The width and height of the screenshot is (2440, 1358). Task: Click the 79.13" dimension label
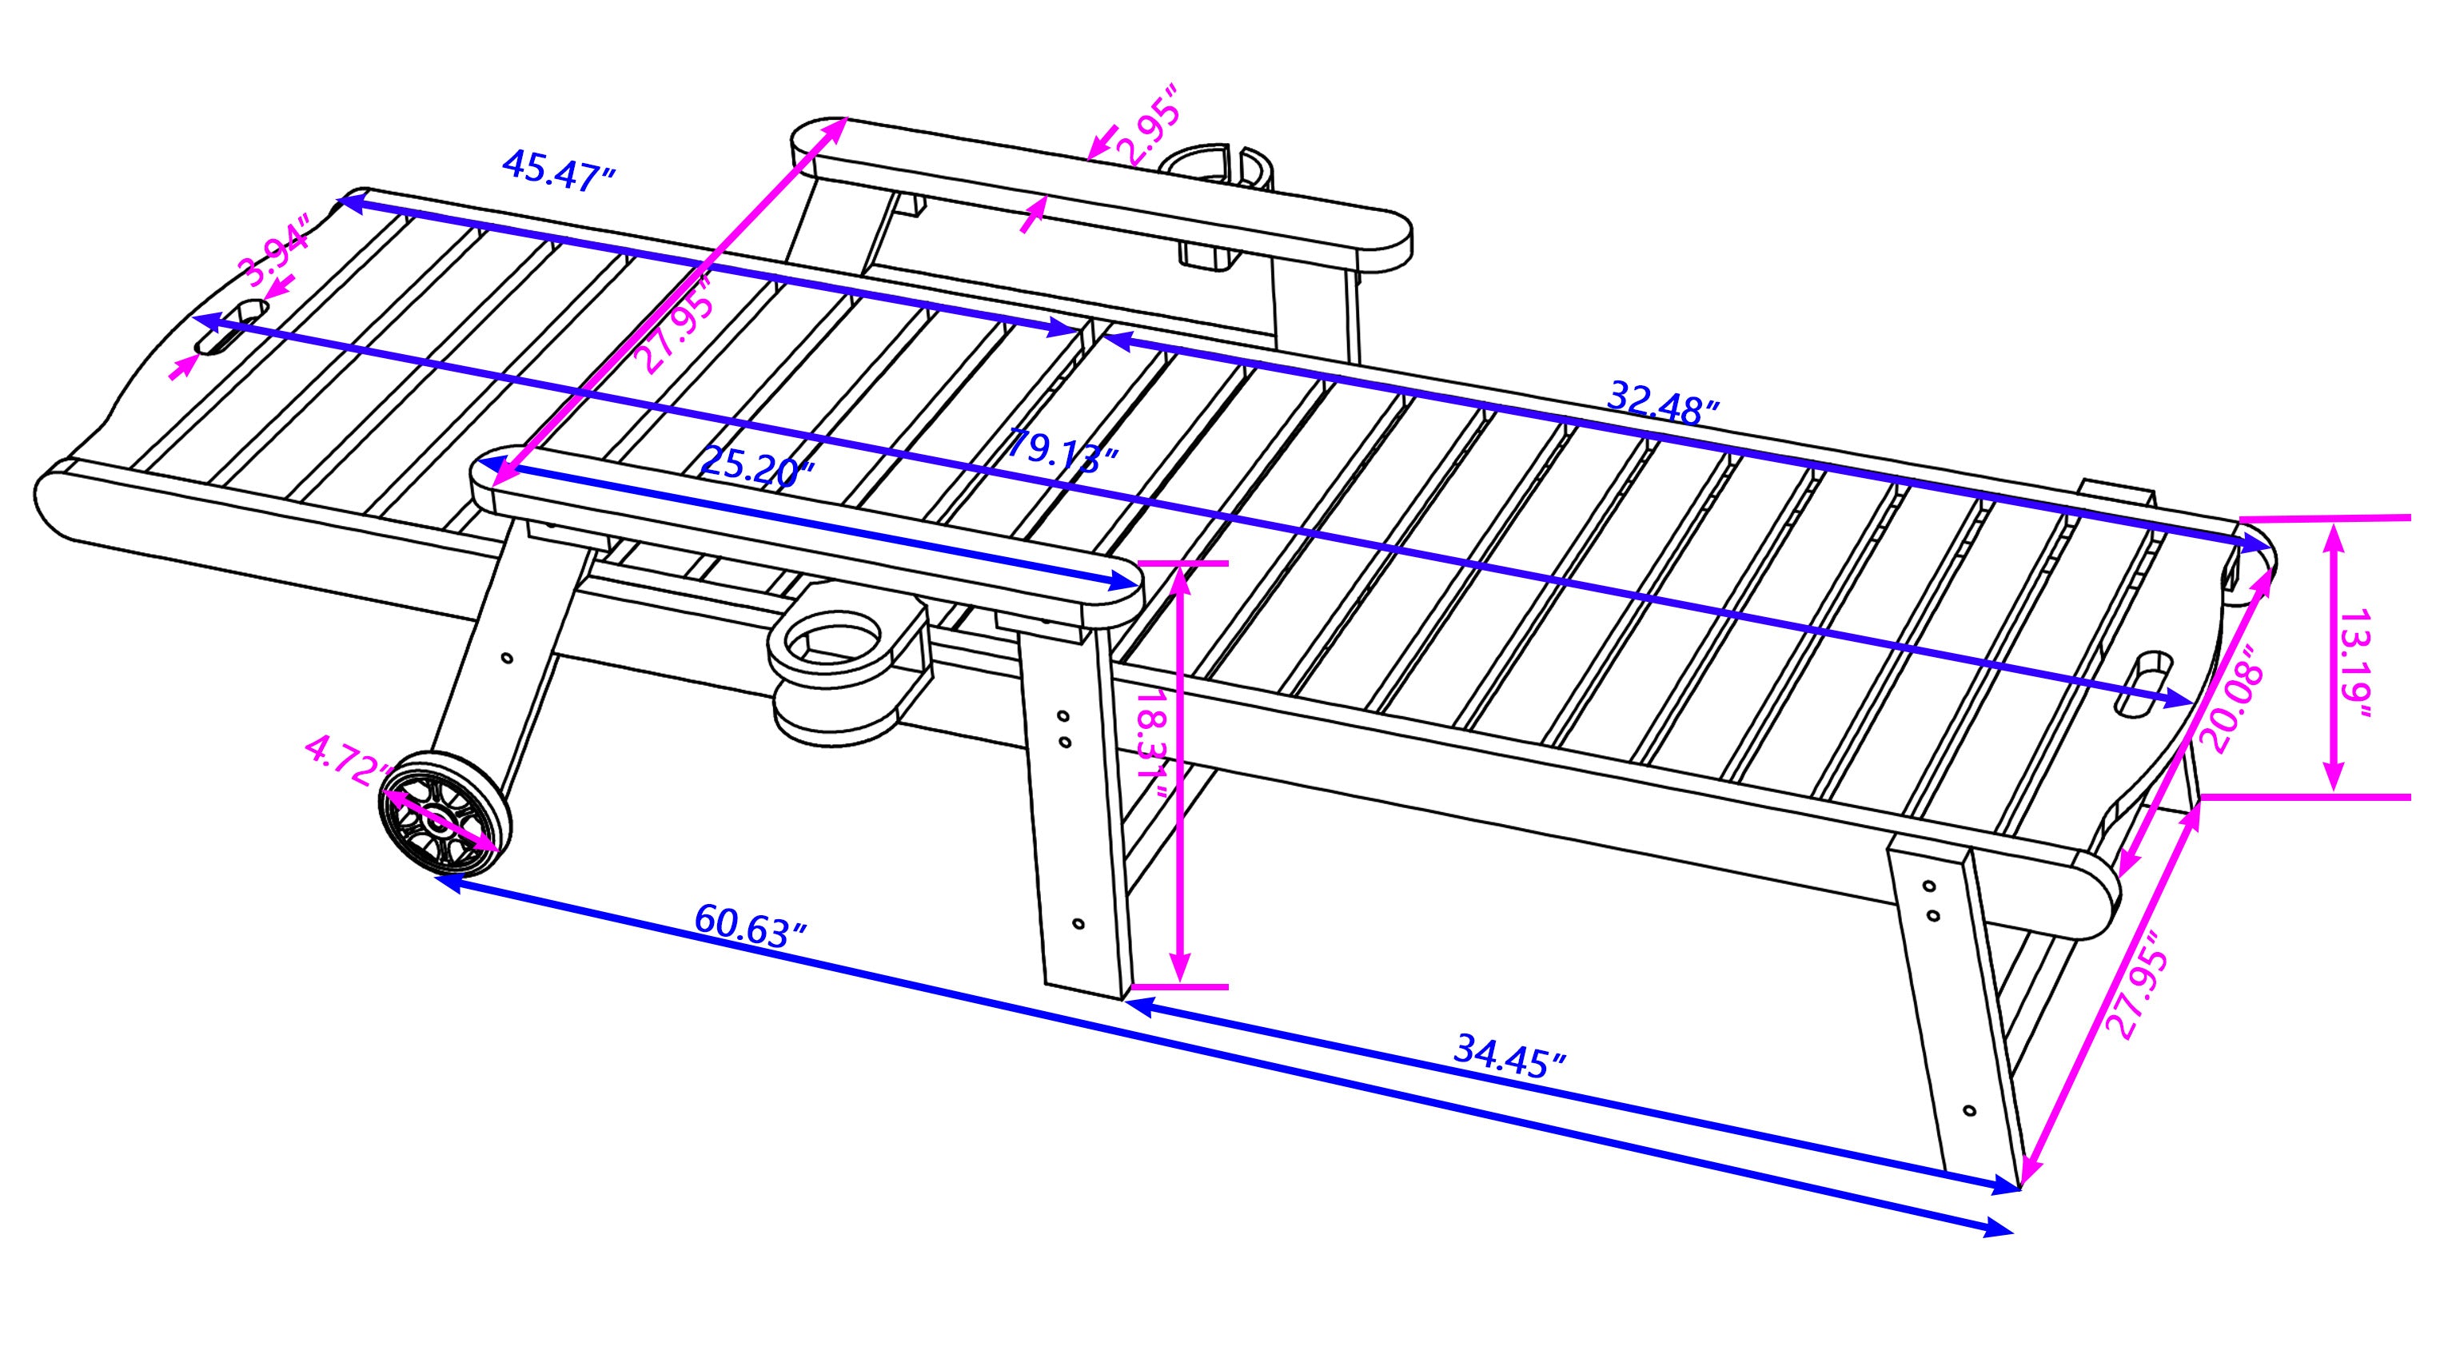[x=1062, y=451]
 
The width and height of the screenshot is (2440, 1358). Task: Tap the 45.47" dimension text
[x=559, y=170]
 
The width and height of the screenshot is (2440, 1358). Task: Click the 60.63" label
[x=750, y=926]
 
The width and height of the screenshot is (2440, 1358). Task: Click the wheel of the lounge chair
[x=445, y=810]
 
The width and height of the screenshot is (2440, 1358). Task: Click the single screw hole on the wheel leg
[x=507, y=657]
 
